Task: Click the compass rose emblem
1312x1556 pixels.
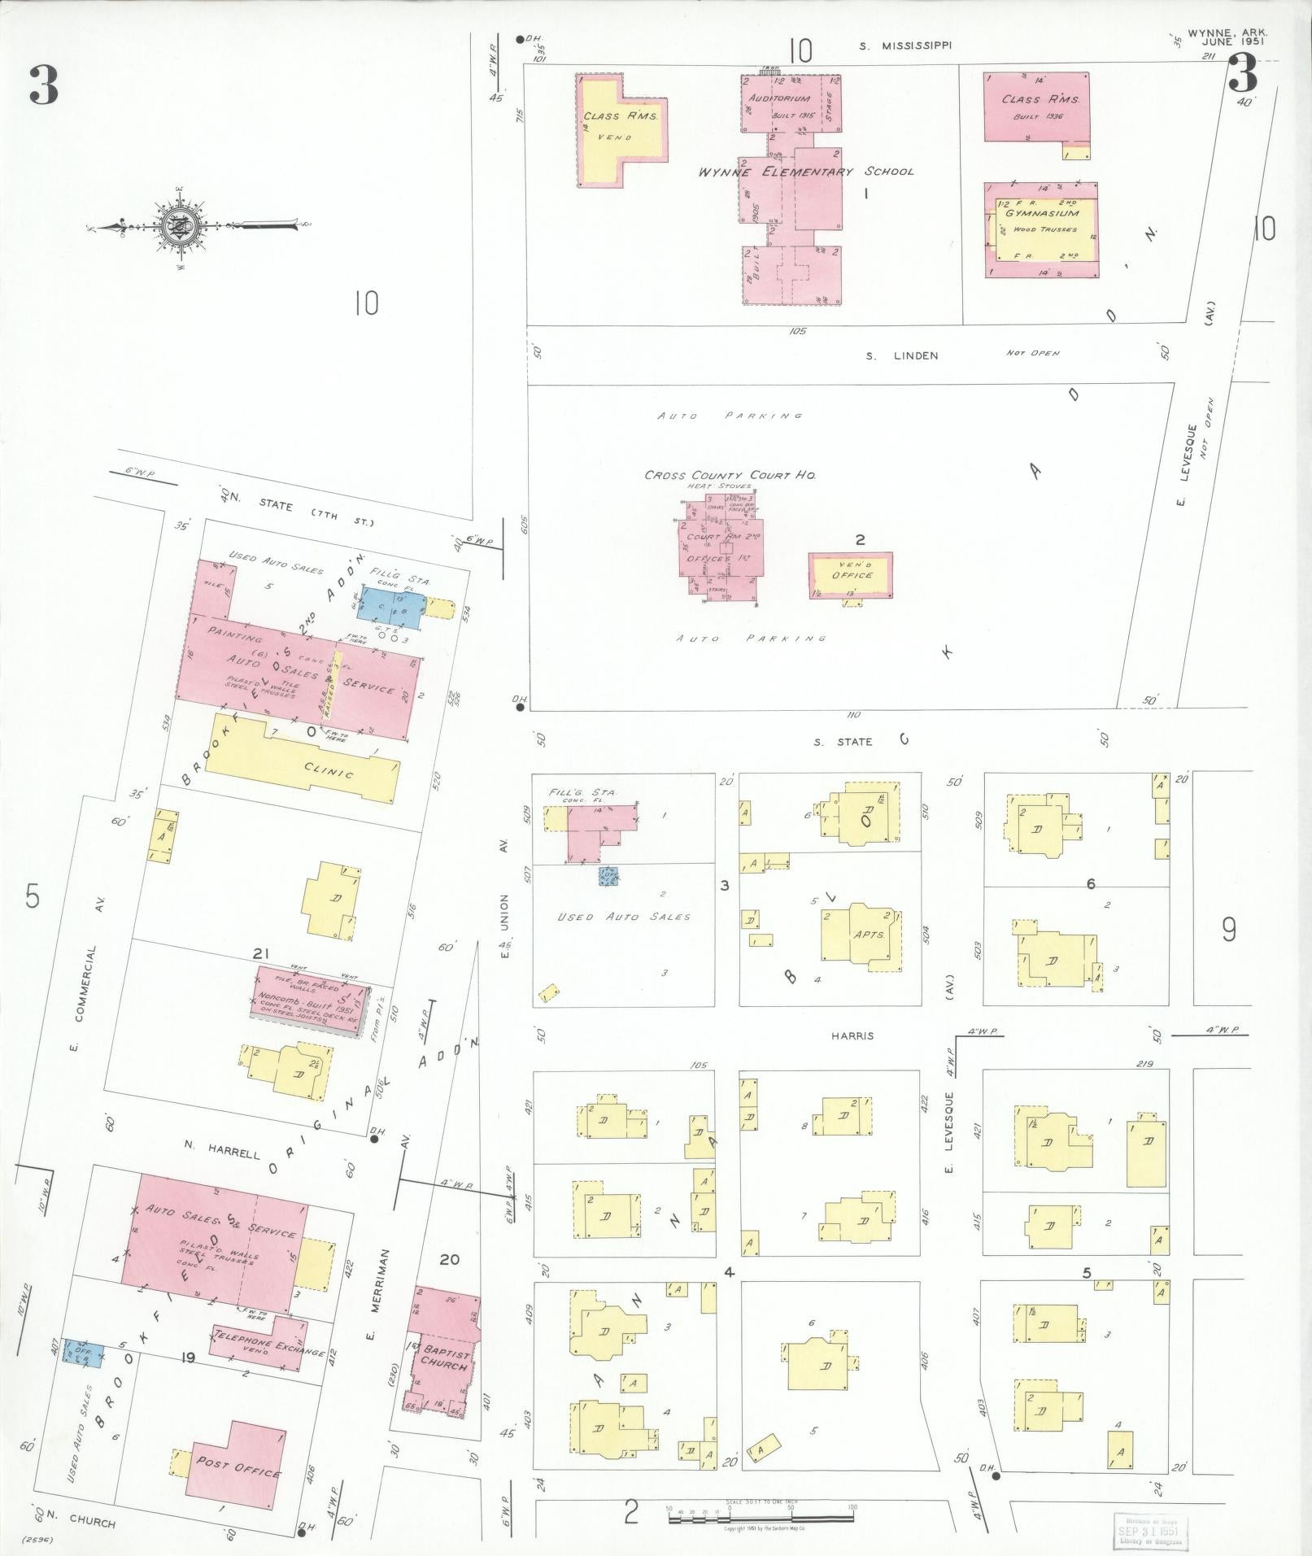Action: [x=177, y=225]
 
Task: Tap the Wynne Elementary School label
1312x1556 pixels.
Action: [x=805, y=172]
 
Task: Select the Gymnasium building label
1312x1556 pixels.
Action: [x=1041, y=213]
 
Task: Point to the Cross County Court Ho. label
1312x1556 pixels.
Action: [x=730, y=475]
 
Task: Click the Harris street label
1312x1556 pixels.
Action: [x=852, y=1036]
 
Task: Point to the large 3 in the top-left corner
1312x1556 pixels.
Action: [x=44, y=85]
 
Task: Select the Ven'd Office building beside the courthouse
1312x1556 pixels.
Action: [x=851, y=575]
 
